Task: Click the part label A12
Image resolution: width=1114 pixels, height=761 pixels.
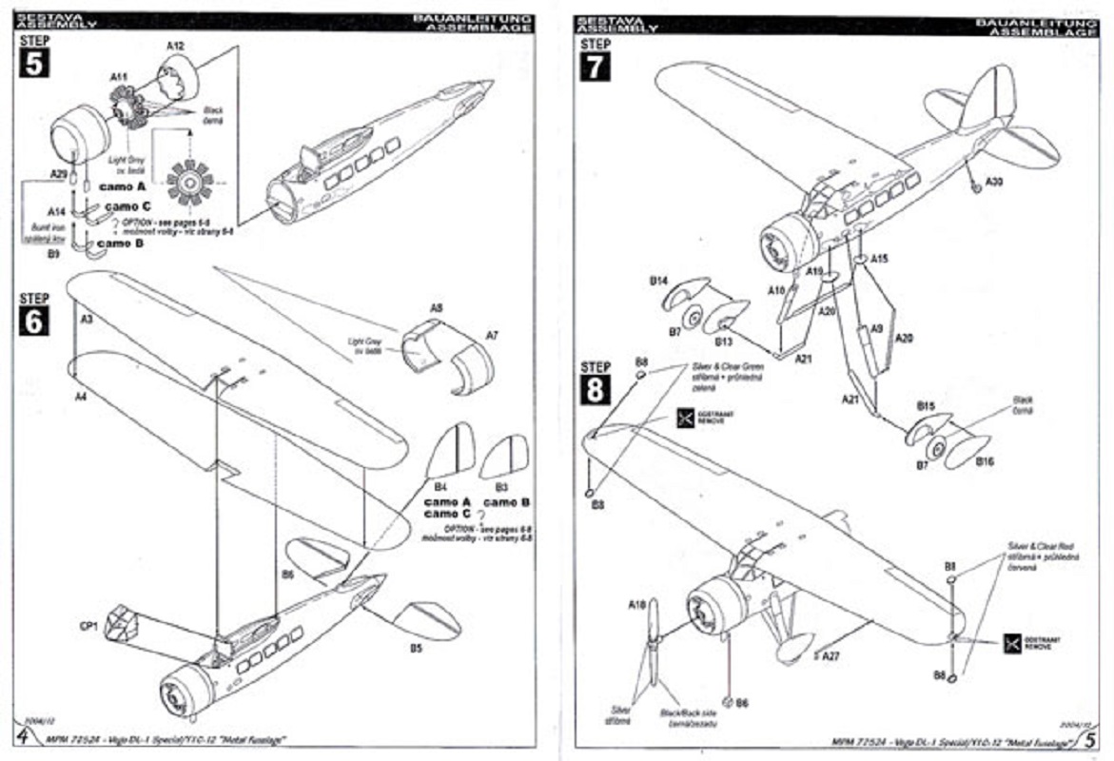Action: point(174,46)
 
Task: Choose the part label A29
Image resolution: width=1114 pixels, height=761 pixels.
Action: point(59,174)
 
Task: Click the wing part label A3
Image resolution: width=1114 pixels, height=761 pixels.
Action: point(86,321)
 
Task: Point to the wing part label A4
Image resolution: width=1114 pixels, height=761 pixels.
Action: point(82,396)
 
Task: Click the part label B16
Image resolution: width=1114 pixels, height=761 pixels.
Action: point(984,461)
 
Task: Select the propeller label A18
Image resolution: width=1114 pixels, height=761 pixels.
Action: point(636,603)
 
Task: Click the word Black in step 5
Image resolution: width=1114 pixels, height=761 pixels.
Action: point(211,110)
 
